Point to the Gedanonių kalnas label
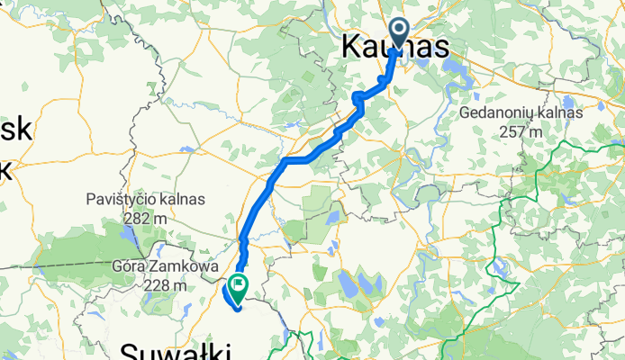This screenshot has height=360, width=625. [521, 113]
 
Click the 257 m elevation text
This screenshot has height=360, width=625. [522, 131]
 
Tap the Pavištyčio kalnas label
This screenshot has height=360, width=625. [146, 199]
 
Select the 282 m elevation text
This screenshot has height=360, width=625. [146, 217]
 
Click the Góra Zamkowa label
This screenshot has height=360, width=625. [147, 268]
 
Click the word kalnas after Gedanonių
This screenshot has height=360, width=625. [560, 113]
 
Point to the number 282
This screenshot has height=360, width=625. [139, 217]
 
